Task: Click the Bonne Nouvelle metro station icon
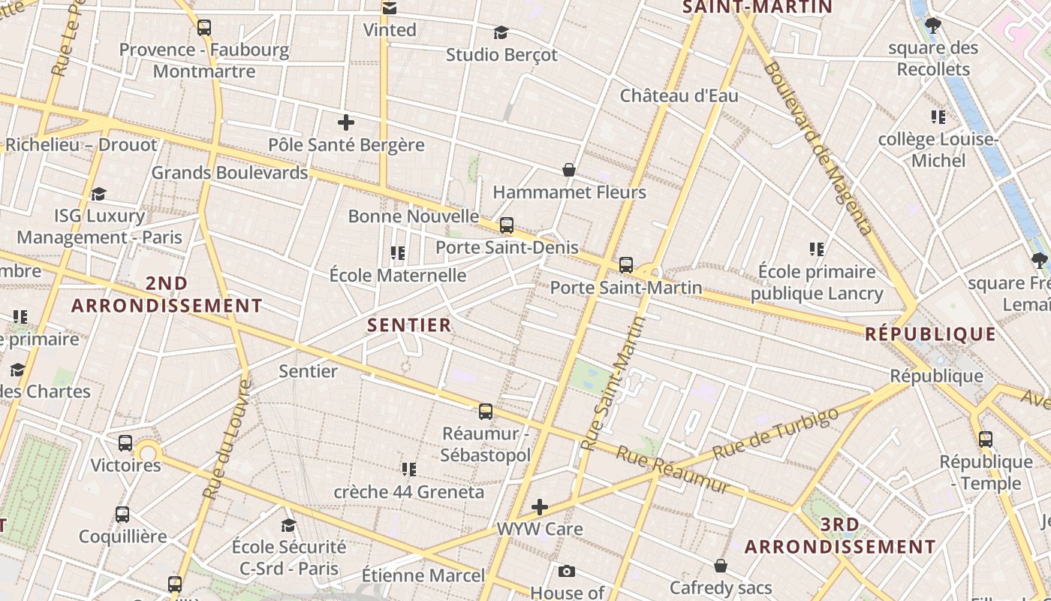click(507, 225)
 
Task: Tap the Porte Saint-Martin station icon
click(626, 265)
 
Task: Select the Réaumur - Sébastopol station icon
click(486, 412)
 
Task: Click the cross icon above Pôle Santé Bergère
click(346, 122)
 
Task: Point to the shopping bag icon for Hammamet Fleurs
click(569, 170)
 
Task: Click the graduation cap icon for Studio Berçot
click(501, 32)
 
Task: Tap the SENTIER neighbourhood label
click(410, 325)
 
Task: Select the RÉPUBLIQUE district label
click(931, 334)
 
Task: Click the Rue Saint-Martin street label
click(614, 383)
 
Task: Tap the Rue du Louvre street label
click(226, 439)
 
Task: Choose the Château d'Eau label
click(679, 96)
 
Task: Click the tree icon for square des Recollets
click(933, 26)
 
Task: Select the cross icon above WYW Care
click(540, 507)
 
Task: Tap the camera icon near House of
click(567, 572)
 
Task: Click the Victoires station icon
click(125, 443)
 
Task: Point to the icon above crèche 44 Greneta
click(409, 470)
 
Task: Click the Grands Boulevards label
click(230, 173)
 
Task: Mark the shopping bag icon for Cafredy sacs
click(721, 565)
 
